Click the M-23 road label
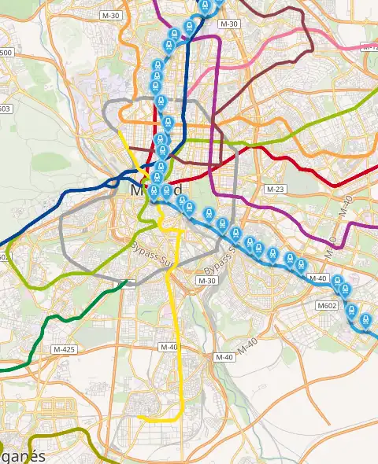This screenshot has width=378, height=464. pos(275,190)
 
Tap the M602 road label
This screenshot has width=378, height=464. pos(326,304)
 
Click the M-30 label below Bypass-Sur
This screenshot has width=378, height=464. pos(207,281)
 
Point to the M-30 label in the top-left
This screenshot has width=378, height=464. pos(111,15)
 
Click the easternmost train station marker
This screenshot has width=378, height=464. pos(366,320)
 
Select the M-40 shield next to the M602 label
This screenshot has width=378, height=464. pos(318,278)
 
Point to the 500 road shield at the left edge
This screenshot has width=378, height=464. pos(6,53)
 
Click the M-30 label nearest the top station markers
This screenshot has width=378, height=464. pos(228,24)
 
